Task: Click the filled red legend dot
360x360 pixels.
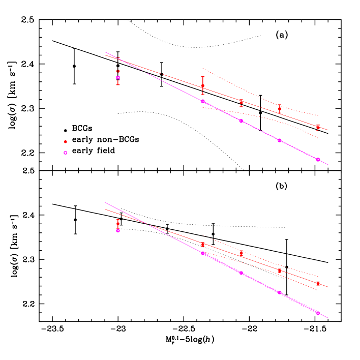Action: (65, 141)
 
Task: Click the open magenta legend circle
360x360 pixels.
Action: (65, 153)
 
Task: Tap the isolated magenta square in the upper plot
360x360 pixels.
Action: (118, 77)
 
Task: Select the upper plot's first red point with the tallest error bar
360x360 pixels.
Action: (202, 85)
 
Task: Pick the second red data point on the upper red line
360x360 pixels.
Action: (241, 102)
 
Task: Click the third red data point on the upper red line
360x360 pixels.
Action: (280, 109)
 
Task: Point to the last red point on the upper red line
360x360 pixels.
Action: (318, 127)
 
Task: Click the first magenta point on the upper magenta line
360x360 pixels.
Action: (202, 101)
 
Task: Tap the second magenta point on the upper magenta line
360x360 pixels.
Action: (241, 121)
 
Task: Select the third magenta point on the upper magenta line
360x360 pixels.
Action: (280, 140)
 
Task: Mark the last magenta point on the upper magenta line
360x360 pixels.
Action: (318, 159)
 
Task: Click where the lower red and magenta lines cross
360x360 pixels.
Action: (147, 223)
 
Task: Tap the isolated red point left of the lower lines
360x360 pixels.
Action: (118, 223)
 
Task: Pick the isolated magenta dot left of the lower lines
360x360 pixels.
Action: (118, 230)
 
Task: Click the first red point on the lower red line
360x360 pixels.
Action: (202, 244)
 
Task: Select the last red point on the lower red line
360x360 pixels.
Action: (318, 283)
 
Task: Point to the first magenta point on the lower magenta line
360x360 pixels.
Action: (202, 253)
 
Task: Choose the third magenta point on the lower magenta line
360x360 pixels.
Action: (280, 292)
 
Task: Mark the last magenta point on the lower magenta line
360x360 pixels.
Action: (318, 313)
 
